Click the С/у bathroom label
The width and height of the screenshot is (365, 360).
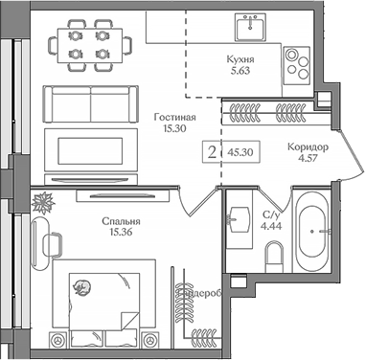pos(271,214)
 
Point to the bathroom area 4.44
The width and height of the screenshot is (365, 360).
pos(271,227)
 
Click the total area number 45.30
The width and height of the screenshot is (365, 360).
pos(240,151)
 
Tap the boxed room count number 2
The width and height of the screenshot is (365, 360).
pos(212,150)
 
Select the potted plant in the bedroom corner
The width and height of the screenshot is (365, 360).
pos(42,202)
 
